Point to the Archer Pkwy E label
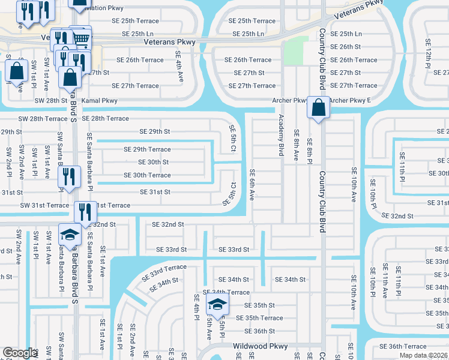350,101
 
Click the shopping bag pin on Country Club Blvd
319,108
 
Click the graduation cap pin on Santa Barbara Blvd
70,235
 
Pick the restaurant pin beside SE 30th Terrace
69,176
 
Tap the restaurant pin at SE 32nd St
85,212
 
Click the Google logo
20,353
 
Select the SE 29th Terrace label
147,149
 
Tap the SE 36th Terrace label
403,346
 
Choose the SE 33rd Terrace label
164,272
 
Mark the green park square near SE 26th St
292,52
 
